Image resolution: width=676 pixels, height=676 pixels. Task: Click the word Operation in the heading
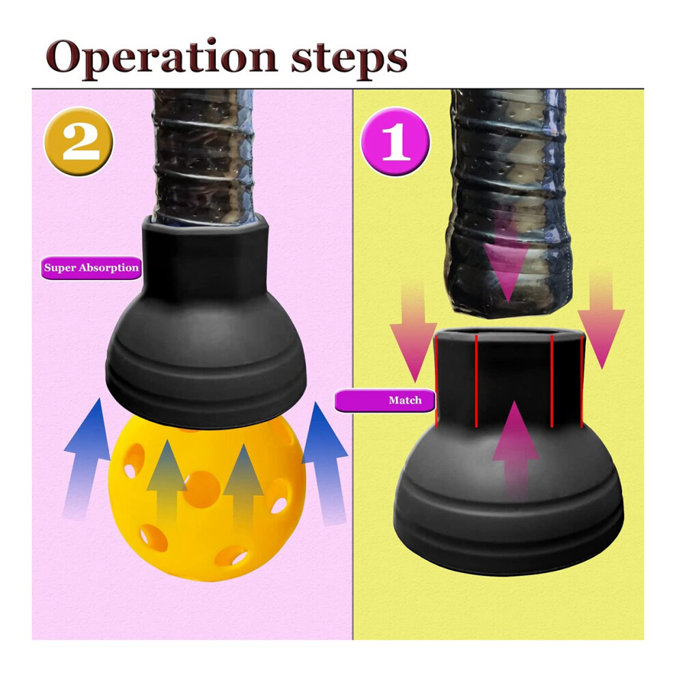coord(161,58)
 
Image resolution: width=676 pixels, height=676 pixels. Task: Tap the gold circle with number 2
coord(79,141)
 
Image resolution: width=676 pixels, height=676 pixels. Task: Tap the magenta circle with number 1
coord(395,141)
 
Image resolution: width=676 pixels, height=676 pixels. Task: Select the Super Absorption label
coord(91,268)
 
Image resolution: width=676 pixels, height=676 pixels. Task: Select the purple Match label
coord(384,401)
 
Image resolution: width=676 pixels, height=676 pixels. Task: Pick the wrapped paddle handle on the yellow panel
coord(508,203)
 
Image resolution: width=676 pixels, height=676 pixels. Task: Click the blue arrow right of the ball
coord(324,464)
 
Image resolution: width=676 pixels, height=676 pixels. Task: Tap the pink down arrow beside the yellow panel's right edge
coord(601,319)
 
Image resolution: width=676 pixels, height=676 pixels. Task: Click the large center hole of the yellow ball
coord(201,489)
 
